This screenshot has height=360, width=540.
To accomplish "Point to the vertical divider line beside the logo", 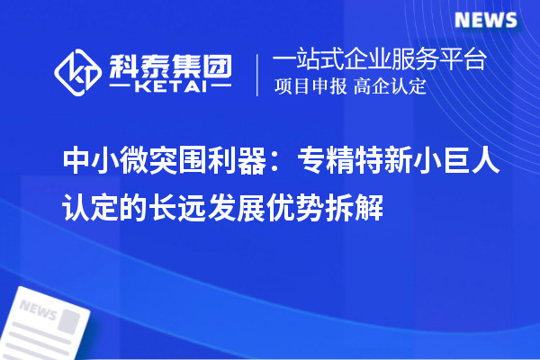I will [259, 73].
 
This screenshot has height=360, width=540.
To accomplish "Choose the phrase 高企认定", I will [390, 87].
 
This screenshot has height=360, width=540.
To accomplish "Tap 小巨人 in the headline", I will [447, 162].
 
